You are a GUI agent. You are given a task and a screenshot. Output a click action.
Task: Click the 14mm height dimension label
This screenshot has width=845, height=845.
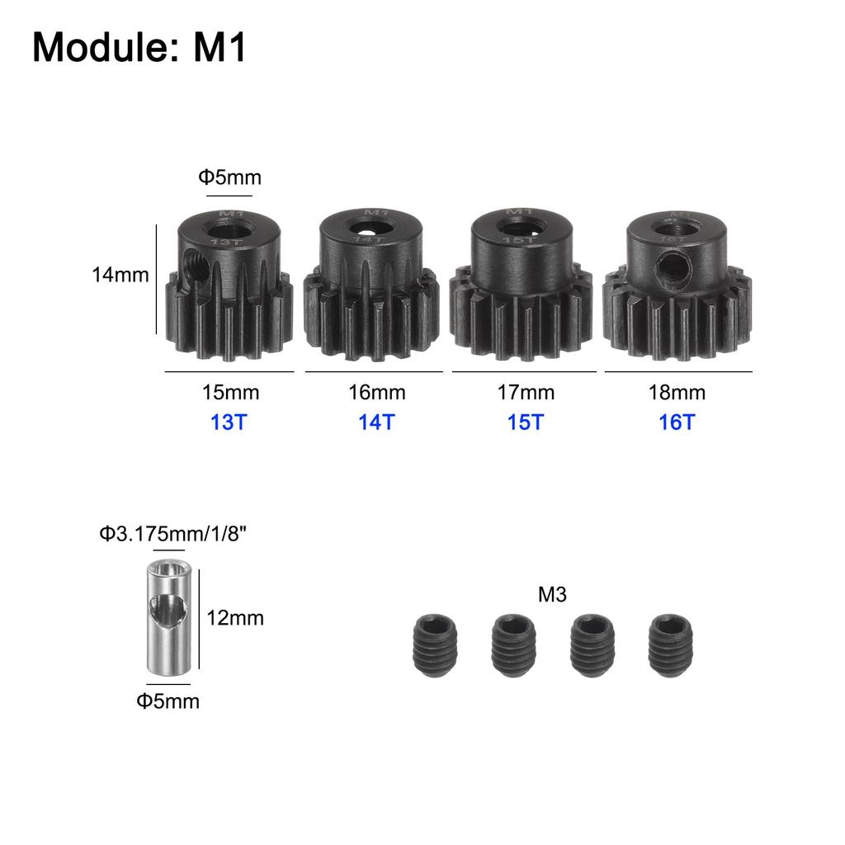click(x=120, y=275)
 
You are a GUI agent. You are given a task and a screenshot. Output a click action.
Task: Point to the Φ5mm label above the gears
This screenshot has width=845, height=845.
click(x=229, y=177)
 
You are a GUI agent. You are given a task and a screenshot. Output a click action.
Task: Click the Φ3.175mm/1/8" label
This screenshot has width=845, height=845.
click(x=173, y=534)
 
